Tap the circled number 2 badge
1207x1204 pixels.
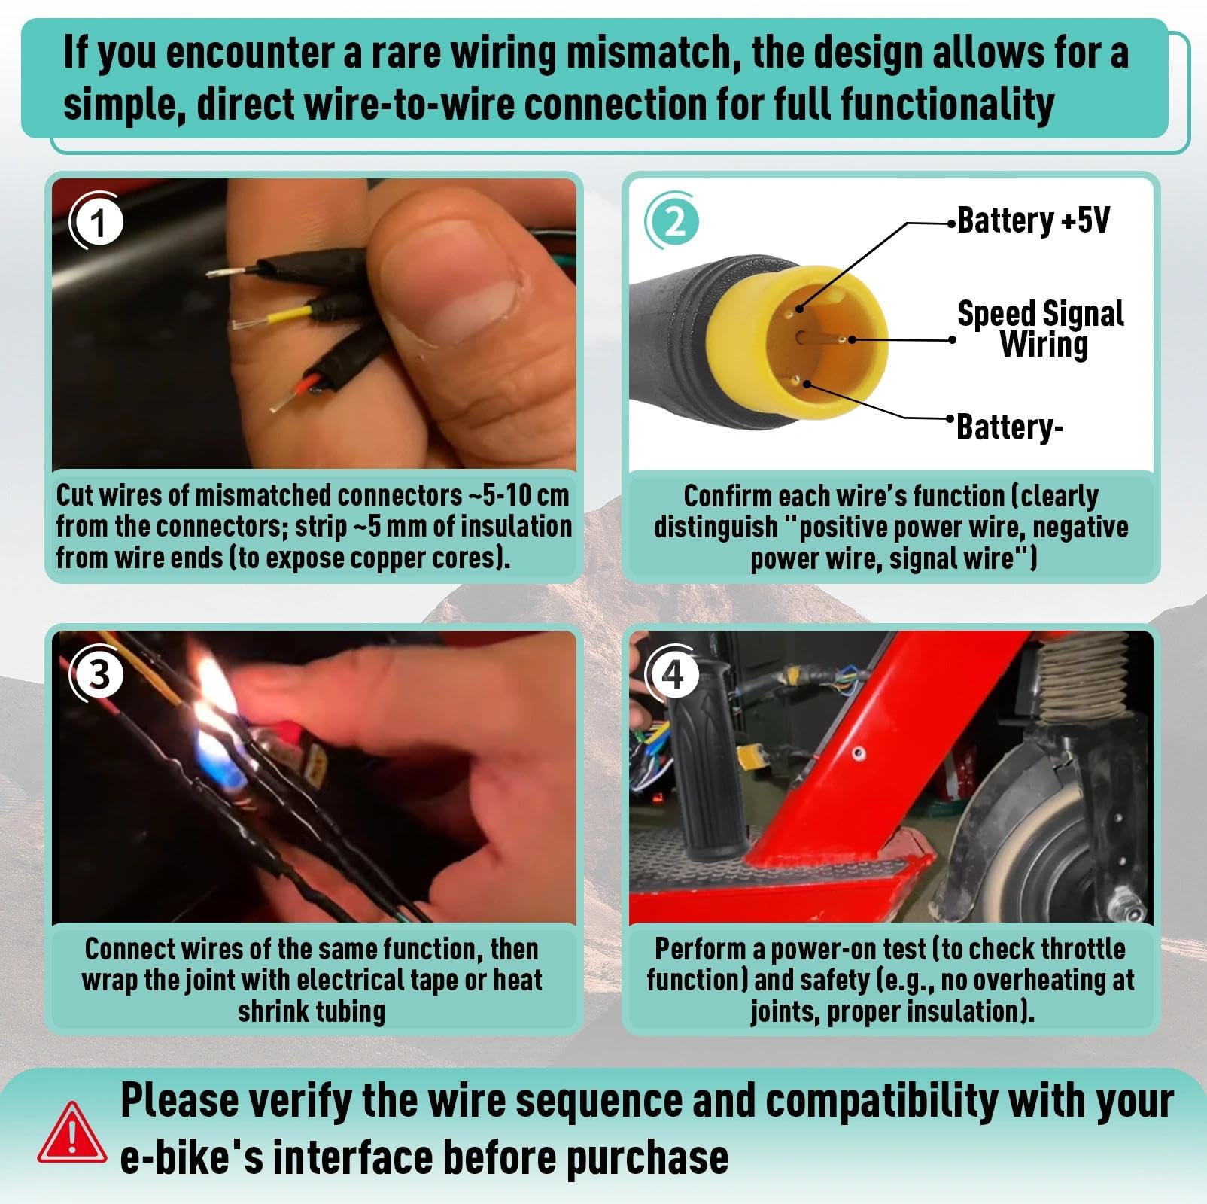coord(673,222)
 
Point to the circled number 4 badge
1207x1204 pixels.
coord(673,674)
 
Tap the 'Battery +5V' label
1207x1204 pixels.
coord(1032,220)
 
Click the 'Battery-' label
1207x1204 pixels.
coord(1009,427)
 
